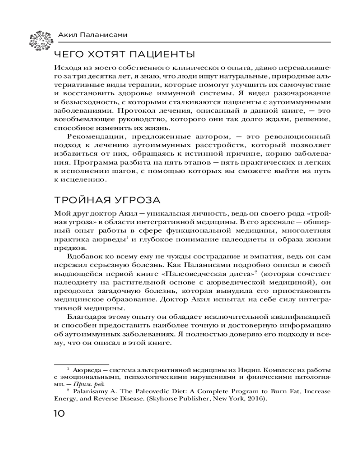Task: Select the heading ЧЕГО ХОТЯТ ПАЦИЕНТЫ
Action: click(124, 55)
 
